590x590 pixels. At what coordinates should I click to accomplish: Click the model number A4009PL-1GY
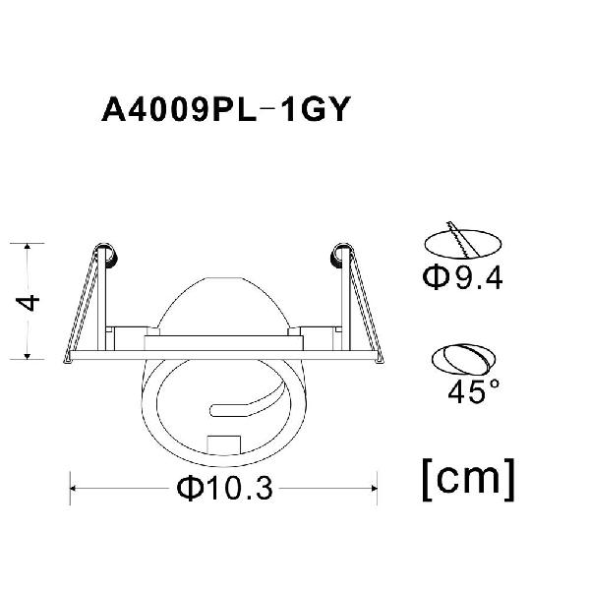pos(226,109)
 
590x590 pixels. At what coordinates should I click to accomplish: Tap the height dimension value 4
pos(28,303)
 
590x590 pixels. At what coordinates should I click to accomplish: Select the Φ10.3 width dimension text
pos(224,488)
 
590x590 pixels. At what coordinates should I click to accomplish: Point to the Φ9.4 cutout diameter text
pos(462,277)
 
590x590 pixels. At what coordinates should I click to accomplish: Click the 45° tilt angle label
pos(474,391)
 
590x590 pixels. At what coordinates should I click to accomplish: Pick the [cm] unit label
pos(468,480)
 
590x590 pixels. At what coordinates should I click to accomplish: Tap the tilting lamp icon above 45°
pos(463,359)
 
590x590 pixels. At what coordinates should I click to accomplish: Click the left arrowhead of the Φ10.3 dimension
pos(74,489)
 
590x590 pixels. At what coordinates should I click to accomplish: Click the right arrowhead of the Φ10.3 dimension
pos(374,489)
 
